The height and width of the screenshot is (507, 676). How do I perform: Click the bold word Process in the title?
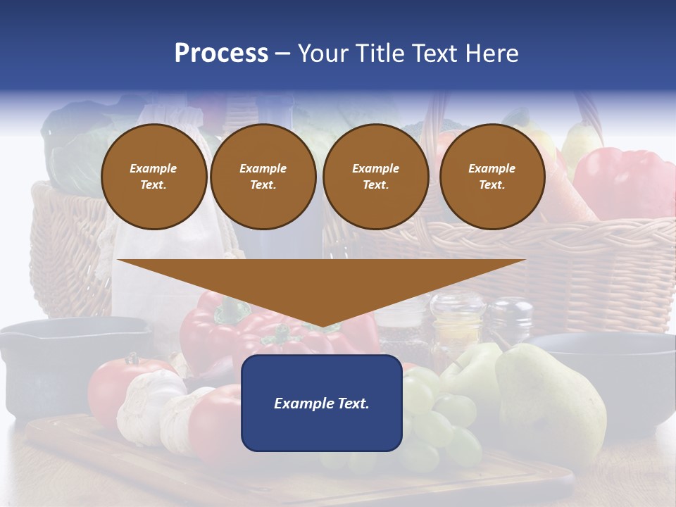(221, 54)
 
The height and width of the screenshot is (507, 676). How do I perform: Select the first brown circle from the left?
(154, 176)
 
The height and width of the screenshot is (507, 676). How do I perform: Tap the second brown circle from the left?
(263, 176)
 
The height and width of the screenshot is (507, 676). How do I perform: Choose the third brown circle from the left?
(375, 176)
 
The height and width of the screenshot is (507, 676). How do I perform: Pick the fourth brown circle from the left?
(492, 176)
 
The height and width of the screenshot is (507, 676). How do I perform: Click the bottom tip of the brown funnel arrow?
(322, 325)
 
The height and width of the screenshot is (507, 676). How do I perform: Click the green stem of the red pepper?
(232, 310)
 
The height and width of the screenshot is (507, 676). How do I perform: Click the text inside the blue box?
(322, 403)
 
